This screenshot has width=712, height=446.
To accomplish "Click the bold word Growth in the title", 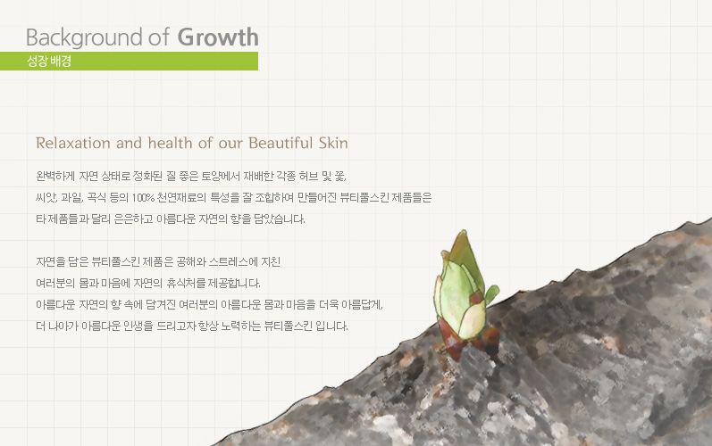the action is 218,37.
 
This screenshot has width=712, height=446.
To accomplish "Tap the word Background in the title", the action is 85,38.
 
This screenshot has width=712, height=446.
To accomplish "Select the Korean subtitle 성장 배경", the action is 49,61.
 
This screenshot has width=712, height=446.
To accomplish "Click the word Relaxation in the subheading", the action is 73,144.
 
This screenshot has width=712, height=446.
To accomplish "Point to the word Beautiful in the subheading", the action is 281,144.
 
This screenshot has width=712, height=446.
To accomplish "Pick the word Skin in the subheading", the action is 333,144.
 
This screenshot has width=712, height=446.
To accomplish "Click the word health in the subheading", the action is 171,144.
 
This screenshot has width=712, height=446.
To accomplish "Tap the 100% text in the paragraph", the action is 143,198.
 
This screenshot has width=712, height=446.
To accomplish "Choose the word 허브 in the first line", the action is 309,177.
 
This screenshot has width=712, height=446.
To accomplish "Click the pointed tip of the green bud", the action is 463,231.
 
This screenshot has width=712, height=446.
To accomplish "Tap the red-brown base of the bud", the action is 454,343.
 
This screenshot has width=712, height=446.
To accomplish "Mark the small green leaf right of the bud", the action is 491,293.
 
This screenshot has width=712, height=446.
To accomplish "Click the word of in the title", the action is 159,37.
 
